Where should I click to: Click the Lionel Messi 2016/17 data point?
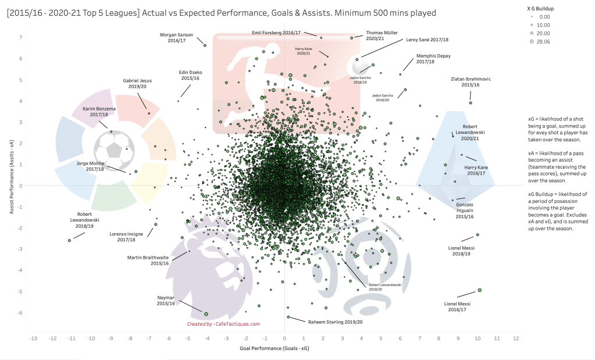pos(480,290)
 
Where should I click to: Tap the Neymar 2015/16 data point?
pos(206,313)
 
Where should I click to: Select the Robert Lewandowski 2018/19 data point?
pos(69,240)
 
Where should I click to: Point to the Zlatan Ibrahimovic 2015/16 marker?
pos(471,103)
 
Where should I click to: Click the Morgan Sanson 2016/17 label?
pos(176,38)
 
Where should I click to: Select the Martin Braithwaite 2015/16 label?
pos(148,260)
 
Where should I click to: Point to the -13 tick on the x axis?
pos(33,338)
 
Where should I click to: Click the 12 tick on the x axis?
pos(516,338)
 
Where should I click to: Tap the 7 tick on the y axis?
pos(21,38)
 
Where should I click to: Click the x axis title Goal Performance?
pos(270,349)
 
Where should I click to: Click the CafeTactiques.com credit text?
pos(224,324)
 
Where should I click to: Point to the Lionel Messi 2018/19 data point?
pos(478,235)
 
